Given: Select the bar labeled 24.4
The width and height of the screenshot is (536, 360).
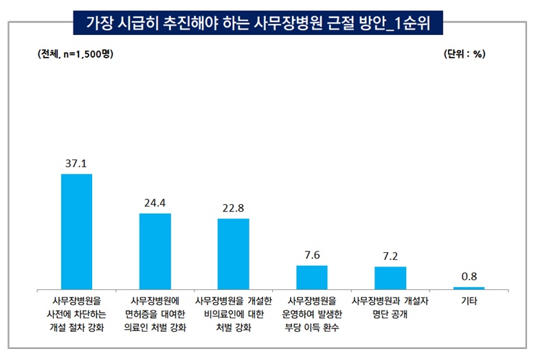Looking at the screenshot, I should click(x=155, y=251).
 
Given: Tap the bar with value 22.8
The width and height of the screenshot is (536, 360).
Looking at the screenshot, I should click(x=233, y=254).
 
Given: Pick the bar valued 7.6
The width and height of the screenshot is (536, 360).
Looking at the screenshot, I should click(x=311, y=278).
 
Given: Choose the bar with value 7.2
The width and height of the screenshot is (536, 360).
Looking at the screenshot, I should click(x=390, y=278).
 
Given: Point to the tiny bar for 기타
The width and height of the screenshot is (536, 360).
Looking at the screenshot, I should click(x=469, y=288).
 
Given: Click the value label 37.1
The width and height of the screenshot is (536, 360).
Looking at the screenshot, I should click(x=76, y=165).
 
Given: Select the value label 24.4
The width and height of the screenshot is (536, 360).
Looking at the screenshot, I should click(x=155, y=204).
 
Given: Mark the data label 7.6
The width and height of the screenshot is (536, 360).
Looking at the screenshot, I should click(x=311, y=256).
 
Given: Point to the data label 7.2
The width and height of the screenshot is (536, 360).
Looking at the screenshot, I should click(x=390, y=257).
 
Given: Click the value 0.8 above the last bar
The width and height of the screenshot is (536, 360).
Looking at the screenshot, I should click(x=469, y=277).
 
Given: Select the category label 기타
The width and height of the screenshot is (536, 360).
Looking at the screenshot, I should click(x=469, y=301).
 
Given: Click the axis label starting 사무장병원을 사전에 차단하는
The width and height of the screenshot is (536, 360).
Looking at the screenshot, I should click(x=76, y=314).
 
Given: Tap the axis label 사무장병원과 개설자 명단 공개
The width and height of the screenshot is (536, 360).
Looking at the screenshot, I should click(x=390, y=307).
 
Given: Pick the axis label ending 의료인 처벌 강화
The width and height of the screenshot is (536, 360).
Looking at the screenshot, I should click(x=155, y=314).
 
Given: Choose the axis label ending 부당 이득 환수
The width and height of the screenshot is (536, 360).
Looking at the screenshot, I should click(x=311, y=314).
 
